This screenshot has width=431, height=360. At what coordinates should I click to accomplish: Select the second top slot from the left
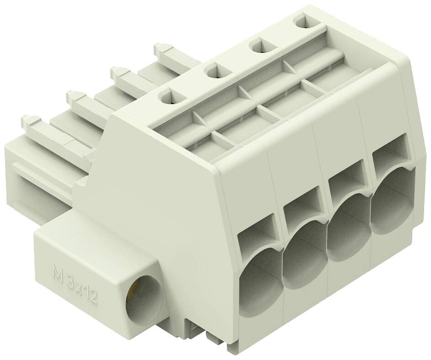click(218, 72)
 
